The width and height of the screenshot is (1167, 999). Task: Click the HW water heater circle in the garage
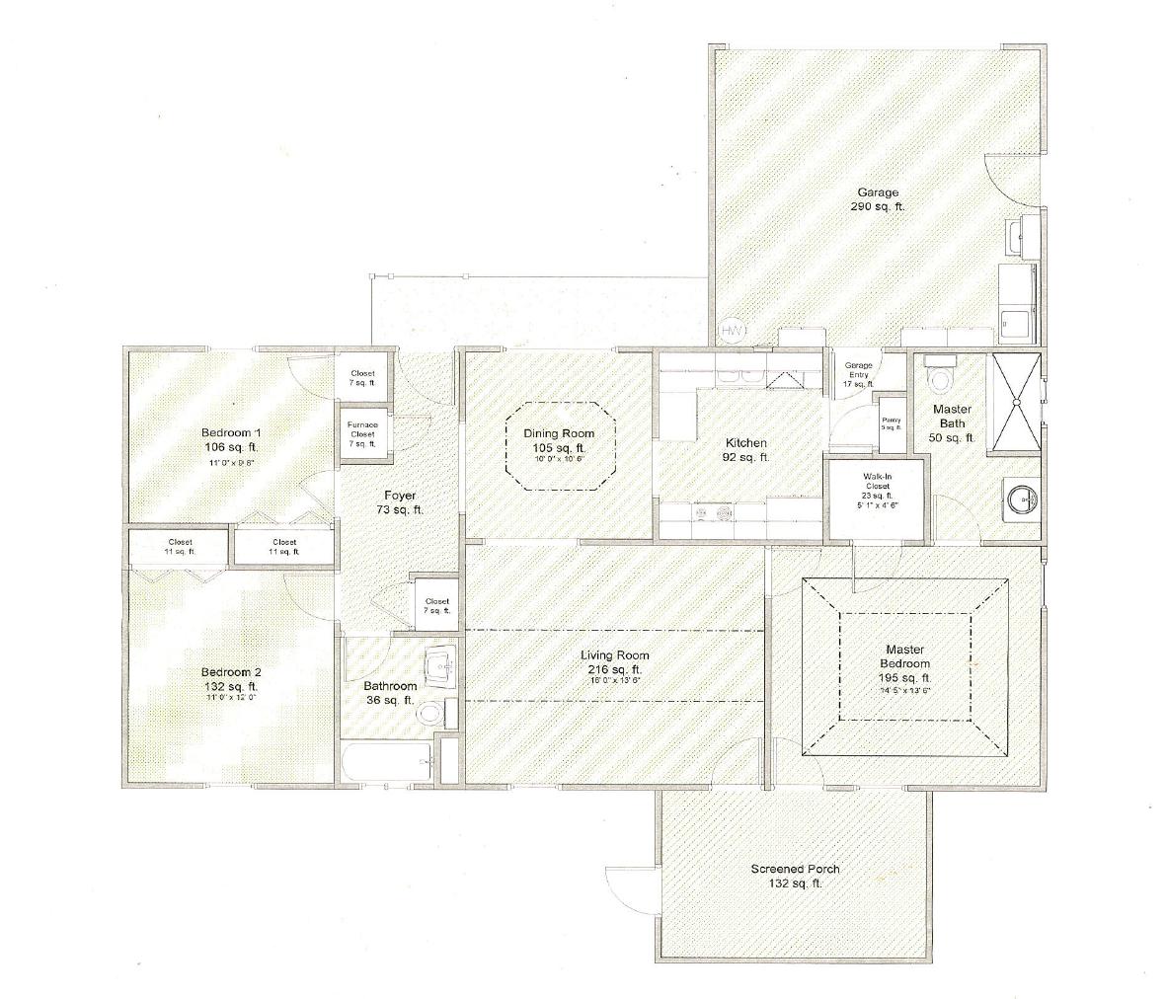coord(732,330)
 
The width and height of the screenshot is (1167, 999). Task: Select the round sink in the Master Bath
coord(1020,499)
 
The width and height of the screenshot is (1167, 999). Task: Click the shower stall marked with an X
coord(1015,399)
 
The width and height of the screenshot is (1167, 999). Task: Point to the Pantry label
coord(891,423)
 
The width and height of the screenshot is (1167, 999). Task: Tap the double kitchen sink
coord(741,376)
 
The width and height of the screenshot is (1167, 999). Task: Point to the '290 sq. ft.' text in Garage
coord(877,207)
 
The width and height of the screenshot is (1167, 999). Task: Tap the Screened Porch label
coord(795,869)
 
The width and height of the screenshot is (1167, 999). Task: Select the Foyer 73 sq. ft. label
coord(393,502)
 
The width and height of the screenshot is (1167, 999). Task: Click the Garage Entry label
coord(858,374)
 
